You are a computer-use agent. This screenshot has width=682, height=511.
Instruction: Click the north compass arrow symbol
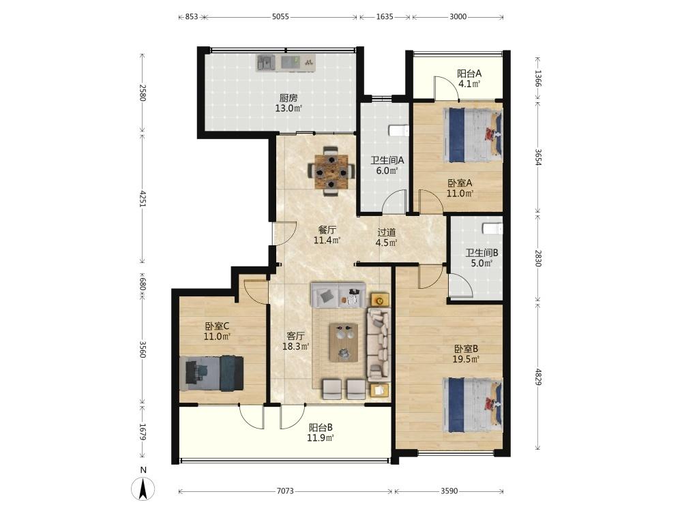[x=143, y=489]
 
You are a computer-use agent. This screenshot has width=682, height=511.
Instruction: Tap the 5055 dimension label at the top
[x=280, y=17]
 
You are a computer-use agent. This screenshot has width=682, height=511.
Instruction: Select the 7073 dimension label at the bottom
[x=285, y=491]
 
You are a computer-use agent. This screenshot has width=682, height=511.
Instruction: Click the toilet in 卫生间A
[x=399, y=131]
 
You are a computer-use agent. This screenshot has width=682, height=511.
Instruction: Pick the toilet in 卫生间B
[x=493, y=228]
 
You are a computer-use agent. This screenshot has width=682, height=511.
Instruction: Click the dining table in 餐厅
[x=331, y=172]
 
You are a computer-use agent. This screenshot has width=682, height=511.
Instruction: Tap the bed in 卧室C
[x=211, y=373]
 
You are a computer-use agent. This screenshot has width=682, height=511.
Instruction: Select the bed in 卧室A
[x=473, y=135]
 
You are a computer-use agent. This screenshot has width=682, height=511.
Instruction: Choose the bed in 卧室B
[x=473, y=405]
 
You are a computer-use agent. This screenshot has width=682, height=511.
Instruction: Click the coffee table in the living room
[x=344, y=343]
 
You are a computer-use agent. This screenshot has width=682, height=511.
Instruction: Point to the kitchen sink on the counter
[x=266, y=63]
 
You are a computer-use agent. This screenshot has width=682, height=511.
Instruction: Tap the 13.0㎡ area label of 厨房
[x=288, y=108]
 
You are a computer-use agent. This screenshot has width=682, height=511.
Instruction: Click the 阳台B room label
[x=321, y=428]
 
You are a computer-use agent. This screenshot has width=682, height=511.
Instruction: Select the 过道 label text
[x=386, y=232]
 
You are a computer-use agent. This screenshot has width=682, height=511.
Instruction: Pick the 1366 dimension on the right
[x=539, y=78]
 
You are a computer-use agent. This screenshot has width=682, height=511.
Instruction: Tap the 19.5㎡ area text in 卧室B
[x=466, y=359]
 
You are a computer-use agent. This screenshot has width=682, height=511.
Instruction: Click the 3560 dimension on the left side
[x=143, y=350]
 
